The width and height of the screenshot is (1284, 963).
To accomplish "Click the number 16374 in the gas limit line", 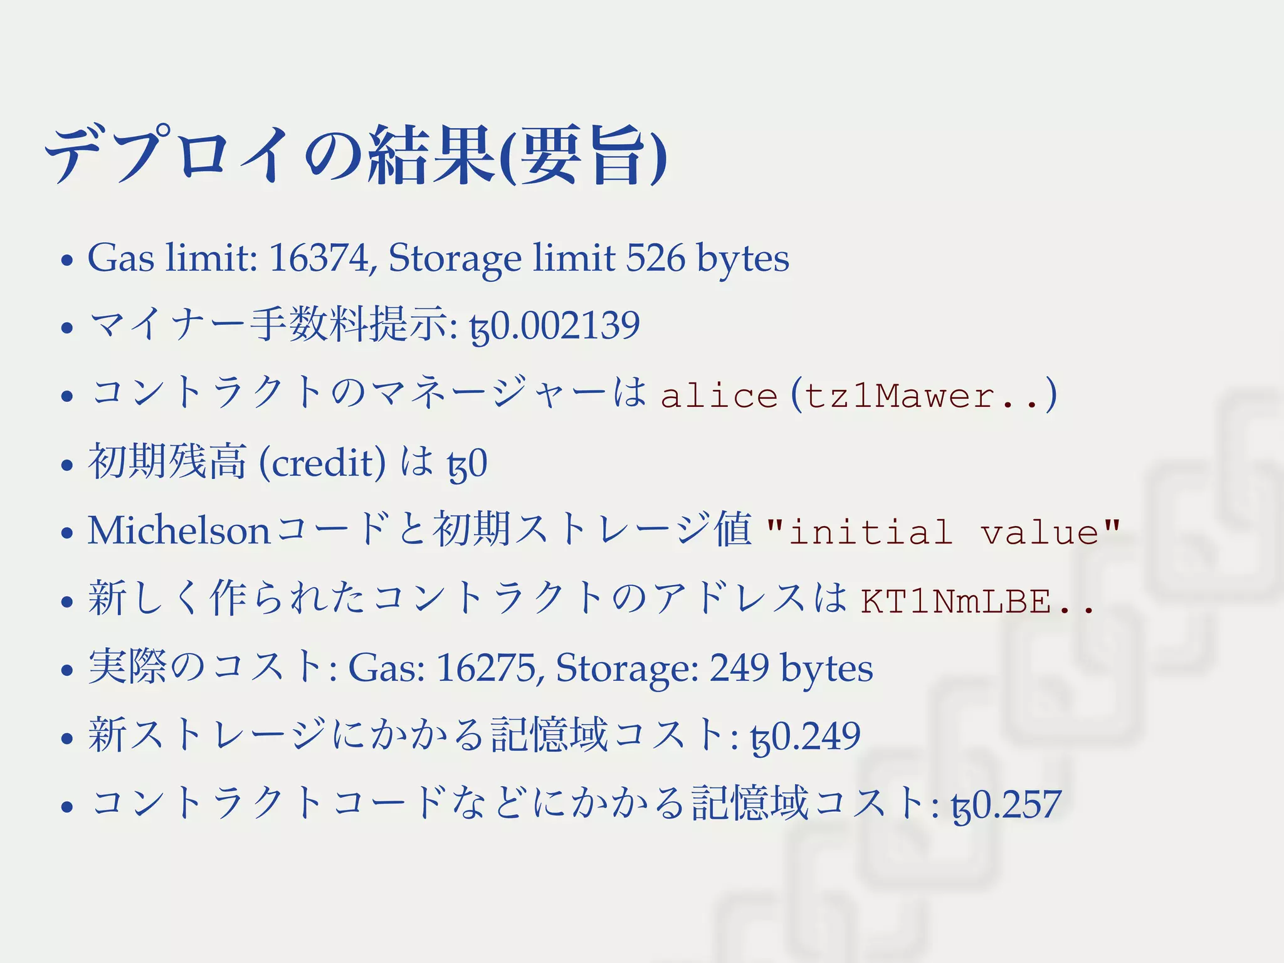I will coord(318,258).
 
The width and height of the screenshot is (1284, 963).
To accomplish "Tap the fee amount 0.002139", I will coord(564,326).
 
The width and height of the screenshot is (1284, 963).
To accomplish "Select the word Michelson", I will coord(179,531).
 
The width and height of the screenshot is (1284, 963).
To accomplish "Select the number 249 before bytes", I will coord(739,668).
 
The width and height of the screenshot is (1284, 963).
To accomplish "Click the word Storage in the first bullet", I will coord(455,258).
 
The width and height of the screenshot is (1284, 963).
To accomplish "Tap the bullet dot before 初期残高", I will coord(67,465).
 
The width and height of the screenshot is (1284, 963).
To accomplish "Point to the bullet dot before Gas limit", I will coord(67,260).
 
